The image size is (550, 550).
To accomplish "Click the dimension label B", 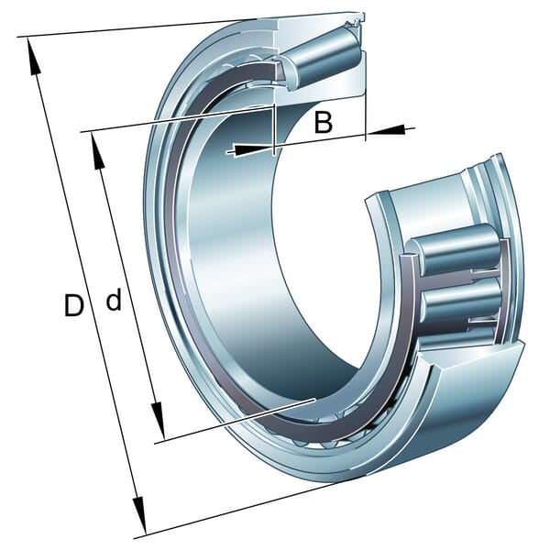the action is click(x=323, y=122).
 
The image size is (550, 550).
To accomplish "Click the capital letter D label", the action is click(x=74, y=305).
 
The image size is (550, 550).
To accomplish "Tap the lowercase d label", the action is click(x=114, y=300).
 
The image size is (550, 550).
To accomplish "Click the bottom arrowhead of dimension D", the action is click(x=139, y=514).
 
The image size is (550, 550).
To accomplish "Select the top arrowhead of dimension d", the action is click(x=97, y=151).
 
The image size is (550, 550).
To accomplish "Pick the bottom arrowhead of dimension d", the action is click(x=159, y=422).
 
